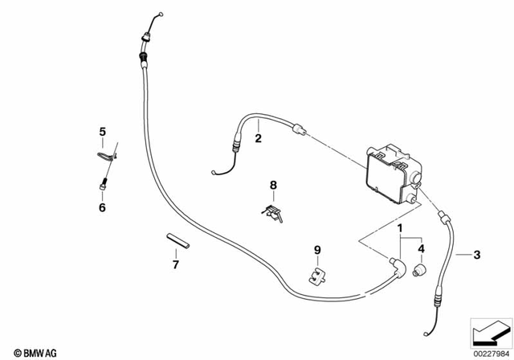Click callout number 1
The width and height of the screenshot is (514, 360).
(x=399, y=229)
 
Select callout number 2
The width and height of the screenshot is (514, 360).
(x=258, y=138)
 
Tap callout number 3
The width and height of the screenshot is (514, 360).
(x=477, y=256)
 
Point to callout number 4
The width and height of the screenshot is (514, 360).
(x=421, y=248)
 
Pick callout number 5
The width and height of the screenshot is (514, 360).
(x=102, y=131)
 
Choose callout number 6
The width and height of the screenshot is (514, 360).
(x=102, y=207)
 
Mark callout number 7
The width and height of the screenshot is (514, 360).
(x=176, y=263)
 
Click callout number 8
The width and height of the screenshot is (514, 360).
(x=272, y=186)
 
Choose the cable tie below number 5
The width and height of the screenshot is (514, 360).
(x=105, y=154)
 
